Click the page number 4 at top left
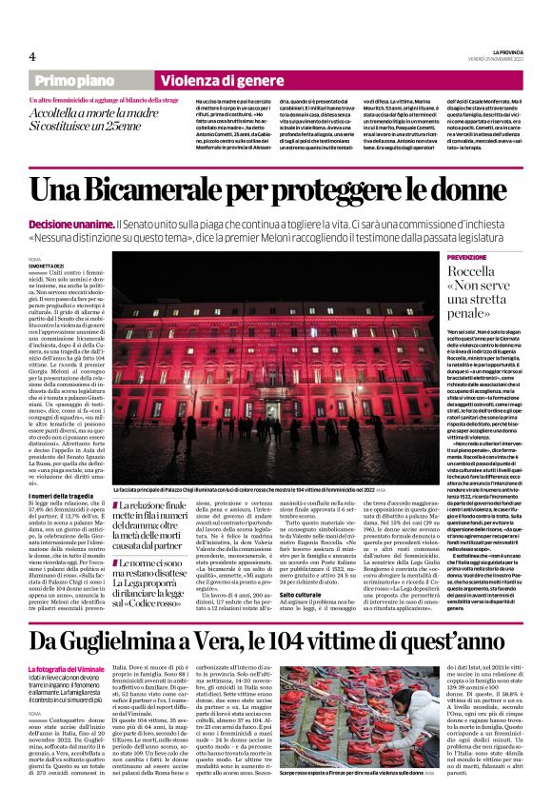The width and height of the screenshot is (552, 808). tap(32, 56)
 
